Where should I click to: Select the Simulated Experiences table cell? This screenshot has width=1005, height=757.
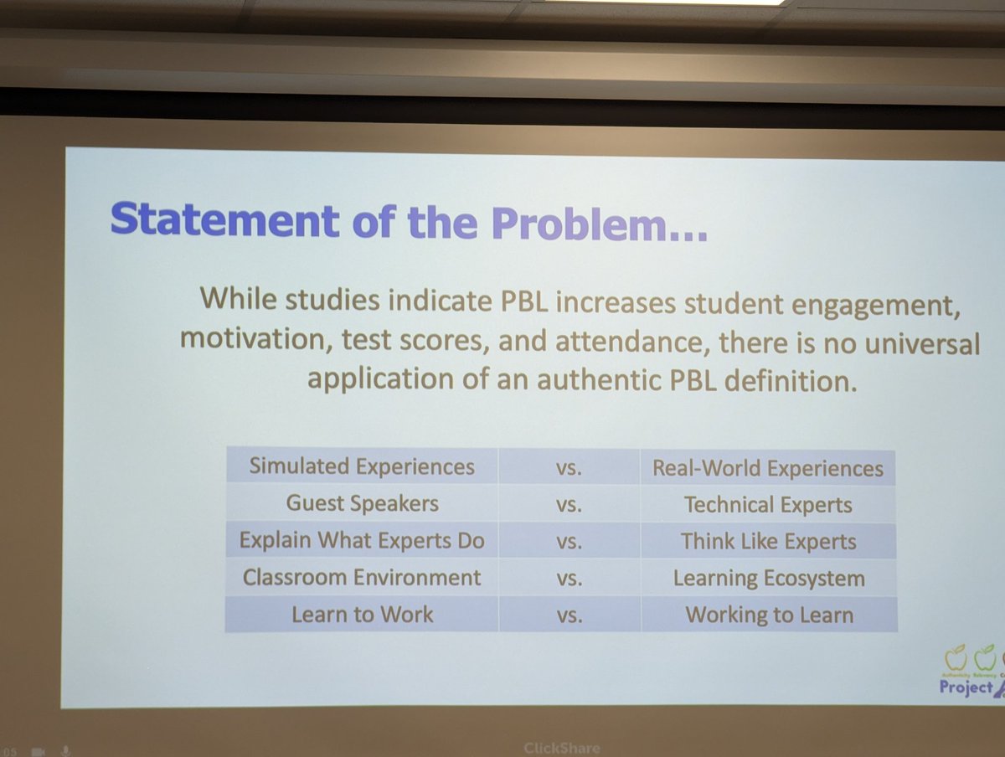[362, 466]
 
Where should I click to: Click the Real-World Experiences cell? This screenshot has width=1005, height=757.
[768, 468]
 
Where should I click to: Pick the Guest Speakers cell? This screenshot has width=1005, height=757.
[362, 503]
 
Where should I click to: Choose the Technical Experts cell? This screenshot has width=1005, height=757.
[768, 505]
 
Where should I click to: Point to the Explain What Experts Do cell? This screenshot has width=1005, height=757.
[362, 540]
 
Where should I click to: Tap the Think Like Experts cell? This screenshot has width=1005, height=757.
[768, 542]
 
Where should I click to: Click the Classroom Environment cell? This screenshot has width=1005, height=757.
[362, 577]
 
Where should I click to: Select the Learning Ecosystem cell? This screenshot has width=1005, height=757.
[768, 579]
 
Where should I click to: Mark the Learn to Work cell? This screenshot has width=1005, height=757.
[362, 614]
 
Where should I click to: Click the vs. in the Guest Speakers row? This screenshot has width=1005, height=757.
[569, 505]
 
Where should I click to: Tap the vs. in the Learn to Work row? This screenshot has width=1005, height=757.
[569, 615]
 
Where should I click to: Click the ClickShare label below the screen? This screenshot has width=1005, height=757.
[562, 748]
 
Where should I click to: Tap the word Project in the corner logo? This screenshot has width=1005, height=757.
[965, 688]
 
